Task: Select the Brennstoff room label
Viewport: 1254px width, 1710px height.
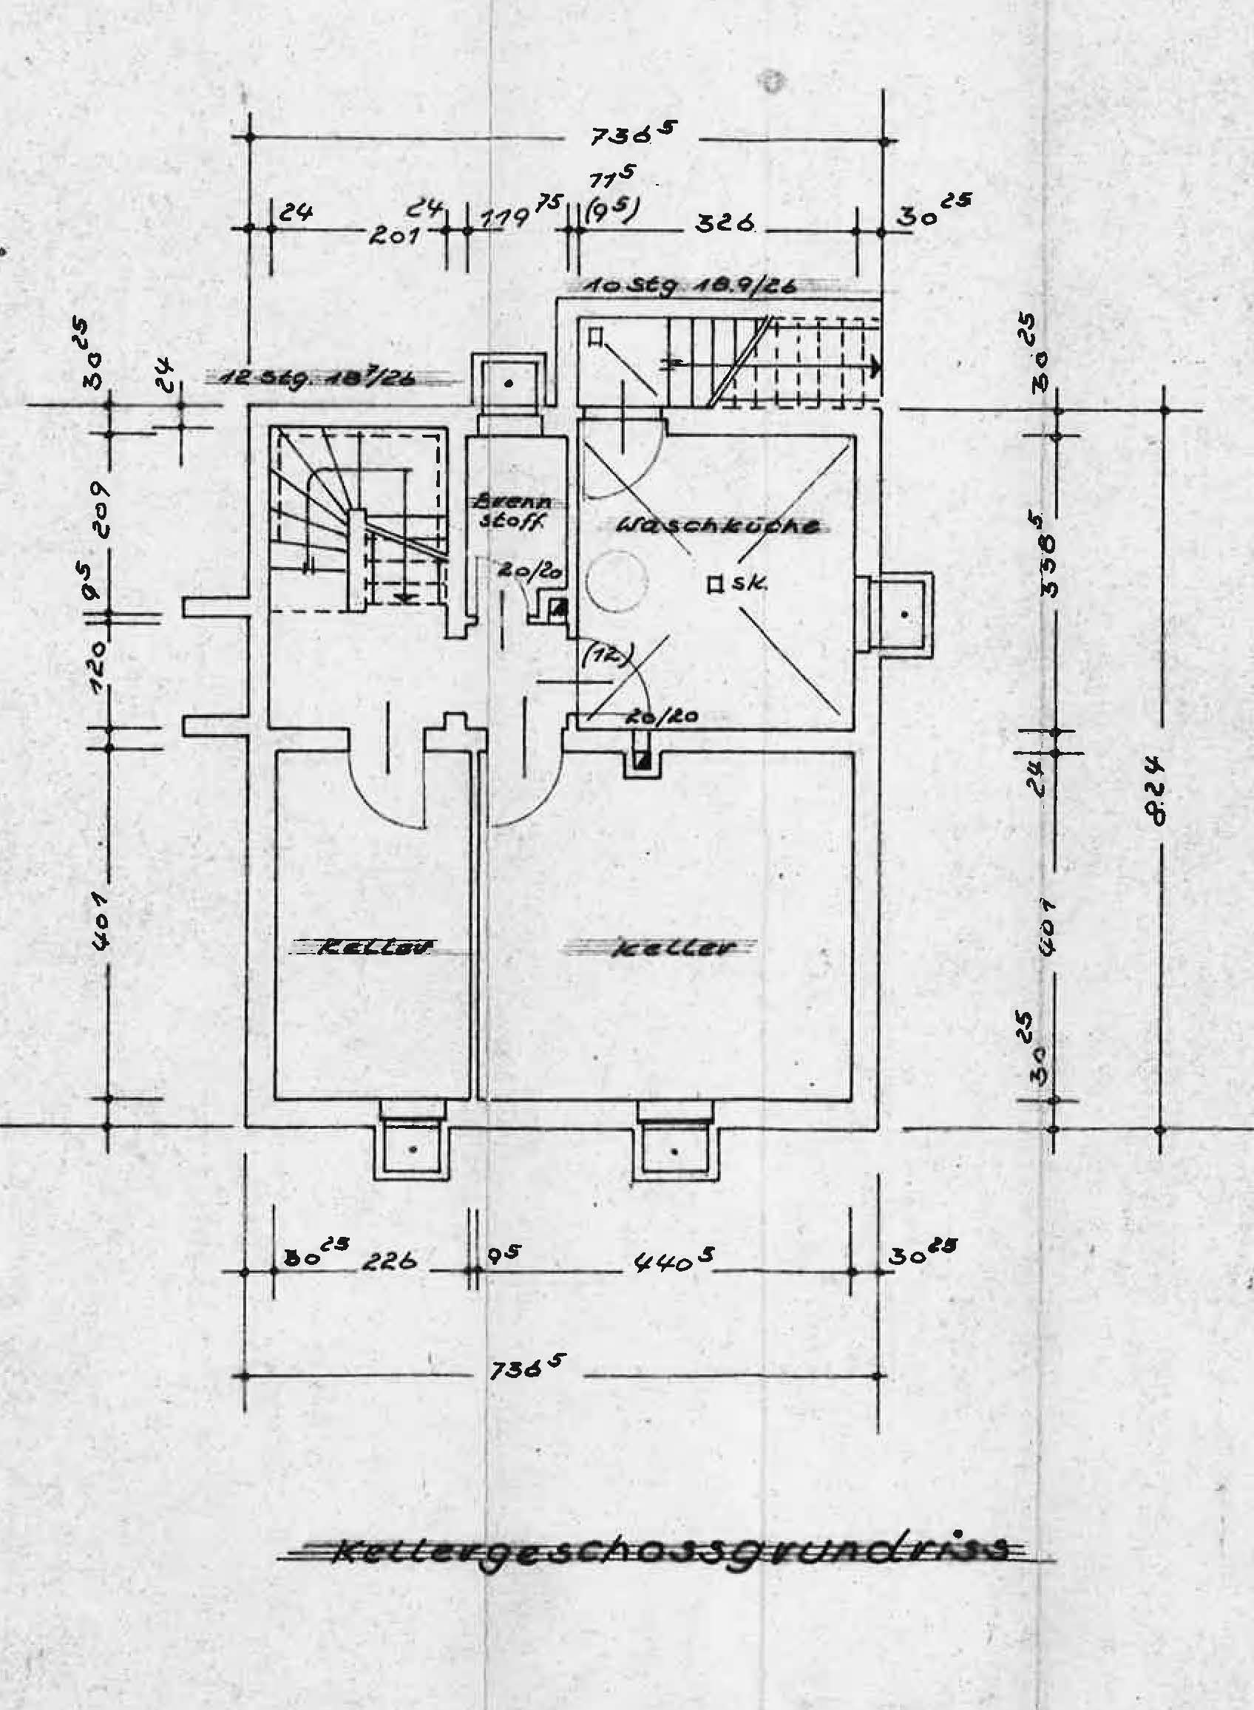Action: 515,512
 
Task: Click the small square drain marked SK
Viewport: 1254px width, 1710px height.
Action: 714,585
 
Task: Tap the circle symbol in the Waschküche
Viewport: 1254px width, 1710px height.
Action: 620,580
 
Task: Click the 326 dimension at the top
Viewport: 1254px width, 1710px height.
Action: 716,224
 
